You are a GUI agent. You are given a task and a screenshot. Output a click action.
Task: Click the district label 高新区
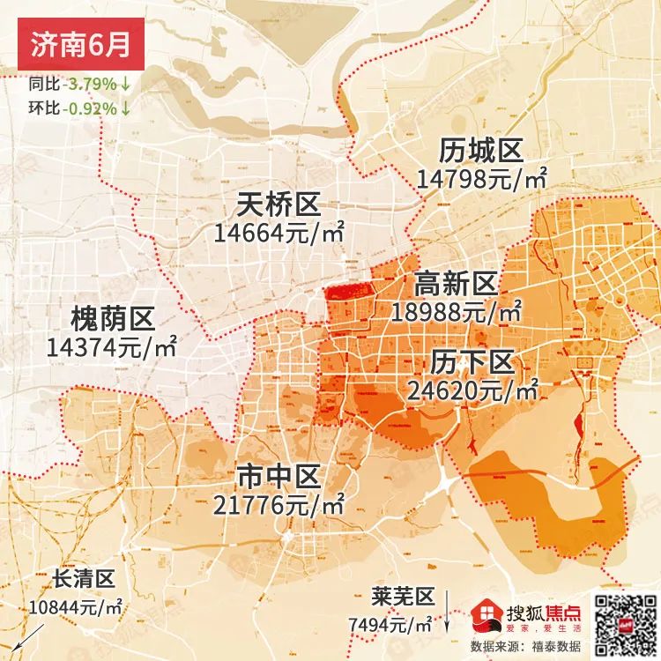click(x=456, y=284)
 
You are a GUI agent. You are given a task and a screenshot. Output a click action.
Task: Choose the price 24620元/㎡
click(x=473, y=389)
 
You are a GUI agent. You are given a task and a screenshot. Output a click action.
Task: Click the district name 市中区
click(x=278, y=477)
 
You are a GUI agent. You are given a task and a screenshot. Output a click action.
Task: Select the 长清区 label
click(x=84, y=579)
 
